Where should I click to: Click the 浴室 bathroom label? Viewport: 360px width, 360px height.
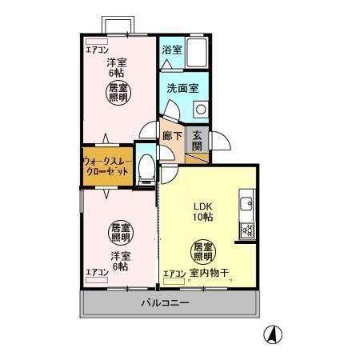tap(172, 49)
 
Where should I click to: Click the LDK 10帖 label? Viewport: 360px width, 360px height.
tap(201, 210)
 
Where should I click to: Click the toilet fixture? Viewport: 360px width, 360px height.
tap(146, 167)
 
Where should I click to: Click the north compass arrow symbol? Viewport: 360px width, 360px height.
tap(273, 334)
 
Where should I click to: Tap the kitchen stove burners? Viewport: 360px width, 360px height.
tap(246, 231)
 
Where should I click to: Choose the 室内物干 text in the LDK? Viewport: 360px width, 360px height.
tap(210, 274)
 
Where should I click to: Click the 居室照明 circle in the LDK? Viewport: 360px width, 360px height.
tap(202, 253)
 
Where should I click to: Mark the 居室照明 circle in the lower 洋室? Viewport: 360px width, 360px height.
tap(120, 232)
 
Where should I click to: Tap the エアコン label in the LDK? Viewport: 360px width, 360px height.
tap(174, 274)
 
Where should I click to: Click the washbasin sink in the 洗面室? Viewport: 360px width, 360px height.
tap(200, 108)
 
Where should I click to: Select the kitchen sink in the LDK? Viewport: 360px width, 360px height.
tap(246, 203)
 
